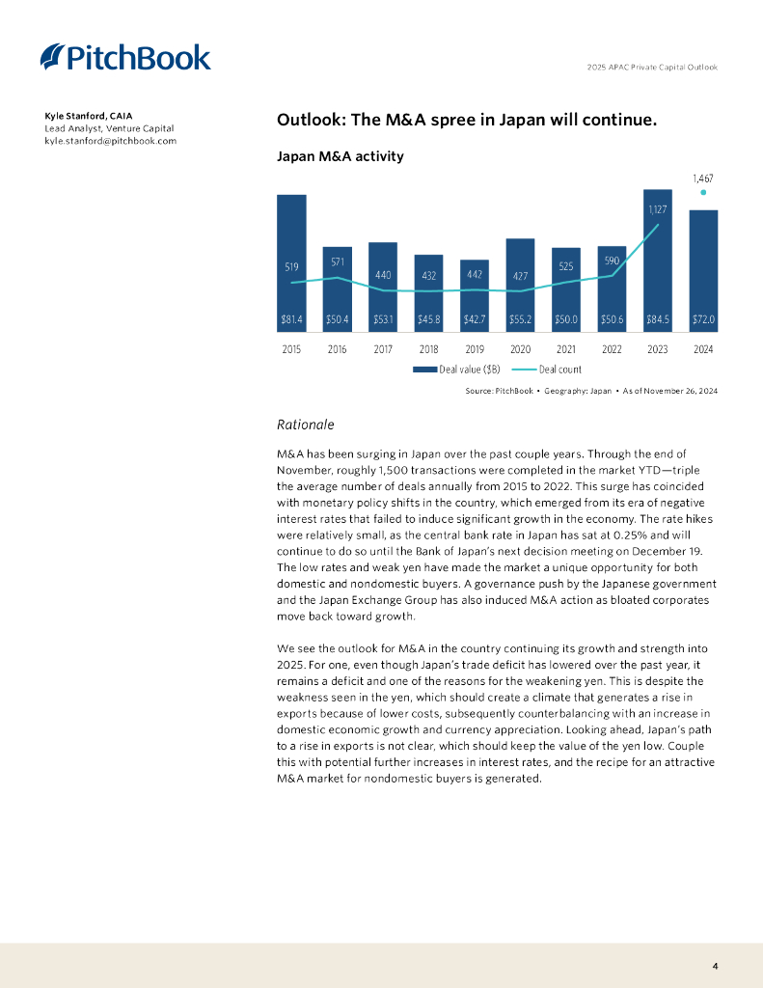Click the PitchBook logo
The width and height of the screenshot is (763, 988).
(125, 58)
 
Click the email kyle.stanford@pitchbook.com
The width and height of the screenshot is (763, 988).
(110, 141)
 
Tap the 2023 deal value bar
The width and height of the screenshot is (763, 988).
(657, 261)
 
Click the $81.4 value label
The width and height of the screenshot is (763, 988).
(291, 318)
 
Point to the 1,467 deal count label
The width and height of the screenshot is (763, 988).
(703, 178)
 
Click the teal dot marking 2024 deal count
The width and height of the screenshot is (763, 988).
(703, 191)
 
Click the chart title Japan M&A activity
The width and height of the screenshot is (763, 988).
(340, 155)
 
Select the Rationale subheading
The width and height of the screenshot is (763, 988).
(305, 424)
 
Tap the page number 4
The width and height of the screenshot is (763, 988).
(715, 965)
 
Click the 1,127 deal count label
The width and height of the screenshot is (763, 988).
(657, 207)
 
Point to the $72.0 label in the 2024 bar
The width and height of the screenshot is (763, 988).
(703, 318)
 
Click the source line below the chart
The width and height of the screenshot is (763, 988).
(591, 391)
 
